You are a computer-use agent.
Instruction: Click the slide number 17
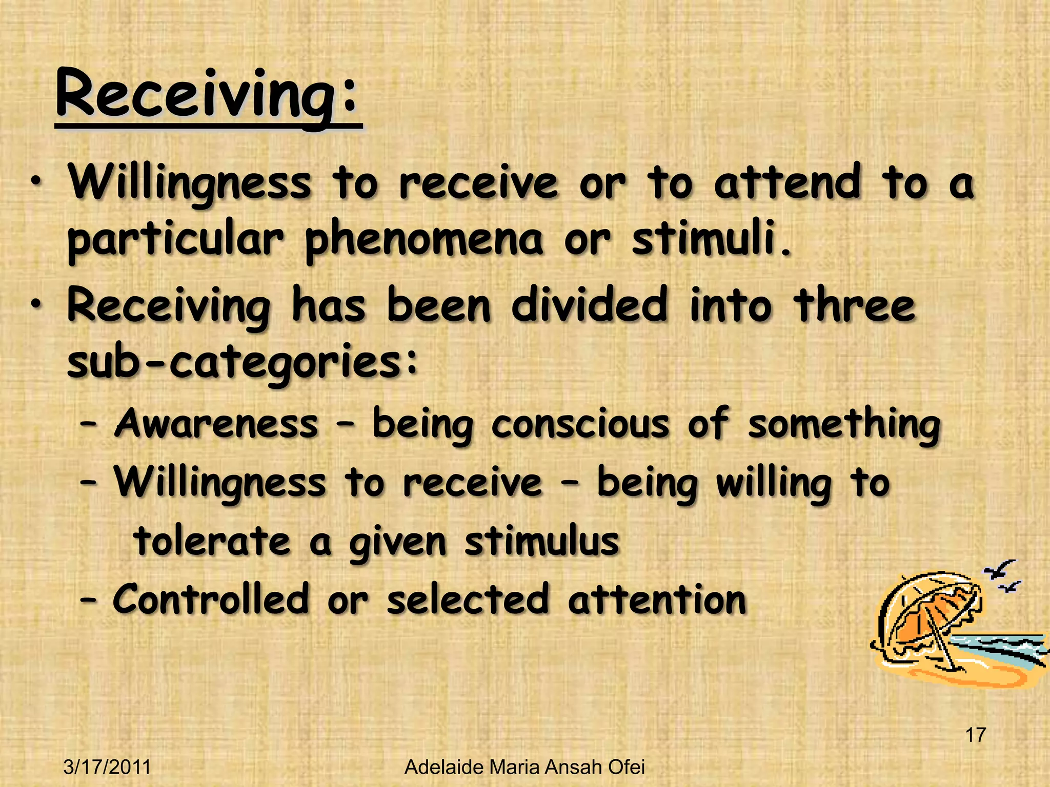click(975, 735)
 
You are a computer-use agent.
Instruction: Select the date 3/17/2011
click(107, 767)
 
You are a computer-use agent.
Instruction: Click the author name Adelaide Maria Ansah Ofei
click(524, 767)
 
